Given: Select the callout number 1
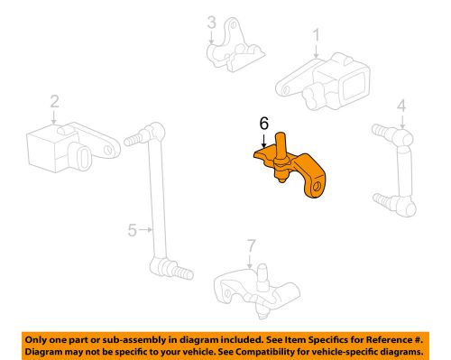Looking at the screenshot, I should (317, 36).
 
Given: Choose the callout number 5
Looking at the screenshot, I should (132, 230).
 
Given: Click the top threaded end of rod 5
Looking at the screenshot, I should (135, 141).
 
